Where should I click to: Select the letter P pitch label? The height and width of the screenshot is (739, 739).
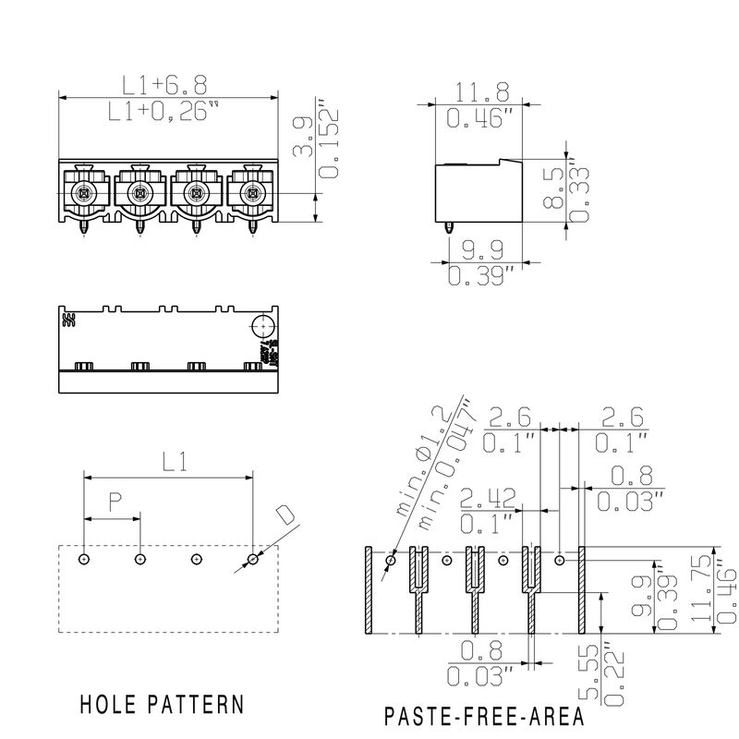(x=115, y=503)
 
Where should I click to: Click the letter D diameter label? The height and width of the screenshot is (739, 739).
(x=287, y=515)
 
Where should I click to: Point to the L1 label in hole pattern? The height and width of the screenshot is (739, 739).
(x=169, y=461)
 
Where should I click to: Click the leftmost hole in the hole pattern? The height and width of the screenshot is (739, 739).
(x=84, y=559)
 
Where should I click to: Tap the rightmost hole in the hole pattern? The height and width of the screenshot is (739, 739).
(x=253, y=559)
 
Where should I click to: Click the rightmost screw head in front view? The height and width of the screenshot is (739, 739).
(x=250, y=193)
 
